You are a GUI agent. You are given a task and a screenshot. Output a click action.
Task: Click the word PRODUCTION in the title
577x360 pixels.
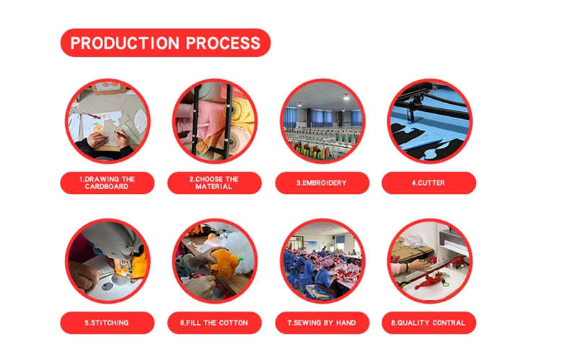(x=125, y=43)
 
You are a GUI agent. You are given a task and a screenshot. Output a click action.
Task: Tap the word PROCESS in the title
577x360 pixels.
(x=223, y=43)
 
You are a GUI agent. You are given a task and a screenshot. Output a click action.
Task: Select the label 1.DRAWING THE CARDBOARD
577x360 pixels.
(x=107, y=183)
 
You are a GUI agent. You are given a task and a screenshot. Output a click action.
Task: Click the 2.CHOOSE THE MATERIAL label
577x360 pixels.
(x=214, y=183)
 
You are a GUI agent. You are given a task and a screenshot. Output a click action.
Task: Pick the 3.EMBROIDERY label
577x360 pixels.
(x=322, y=183)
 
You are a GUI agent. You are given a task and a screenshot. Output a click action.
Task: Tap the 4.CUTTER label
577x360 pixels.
(x=428, y=183)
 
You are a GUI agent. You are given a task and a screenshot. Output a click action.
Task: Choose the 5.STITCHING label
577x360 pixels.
(x=107, y=322)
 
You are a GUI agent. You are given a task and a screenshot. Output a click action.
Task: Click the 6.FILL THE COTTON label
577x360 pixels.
(x=214, y=322)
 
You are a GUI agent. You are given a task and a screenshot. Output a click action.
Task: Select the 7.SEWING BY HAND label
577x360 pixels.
(x=322, y=322)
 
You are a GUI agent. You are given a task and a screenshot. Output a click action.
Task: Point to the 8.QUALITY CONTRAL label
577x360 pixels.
(x=428, y=322)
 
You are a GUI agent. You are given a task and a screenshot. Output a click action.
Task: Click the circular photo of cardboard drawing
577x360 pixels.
(x=107, y=121)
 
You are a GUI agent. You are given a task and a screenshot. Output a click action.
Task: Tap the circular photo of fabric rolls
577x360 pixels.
(x=214, y=121)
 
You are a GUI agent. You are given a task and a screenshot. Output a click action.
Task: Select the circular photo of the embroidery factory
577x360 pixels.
(x=322, y=121)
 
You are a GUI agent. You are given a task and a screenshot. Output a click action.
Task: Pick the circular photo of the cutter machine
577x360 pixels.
(x=429, y=121)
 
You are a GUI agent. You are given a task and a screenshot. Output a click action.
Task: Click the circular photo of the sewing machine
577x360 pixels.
(x=107, y=261)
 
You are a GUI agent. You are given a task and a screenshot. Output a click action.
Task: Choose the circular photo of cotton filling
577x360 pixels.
(x=214, y=261)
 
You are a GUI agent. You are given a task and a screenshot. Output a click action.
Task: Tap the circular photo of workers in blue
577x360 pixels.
(x=322, y=261)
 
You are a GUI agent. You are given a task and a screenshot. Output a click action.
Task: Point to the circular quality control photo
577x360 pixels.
(x=429, y=261)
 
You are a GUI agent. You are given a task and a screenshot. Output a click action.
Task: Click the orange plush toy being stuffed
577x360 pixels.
(x=224, y=263)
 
